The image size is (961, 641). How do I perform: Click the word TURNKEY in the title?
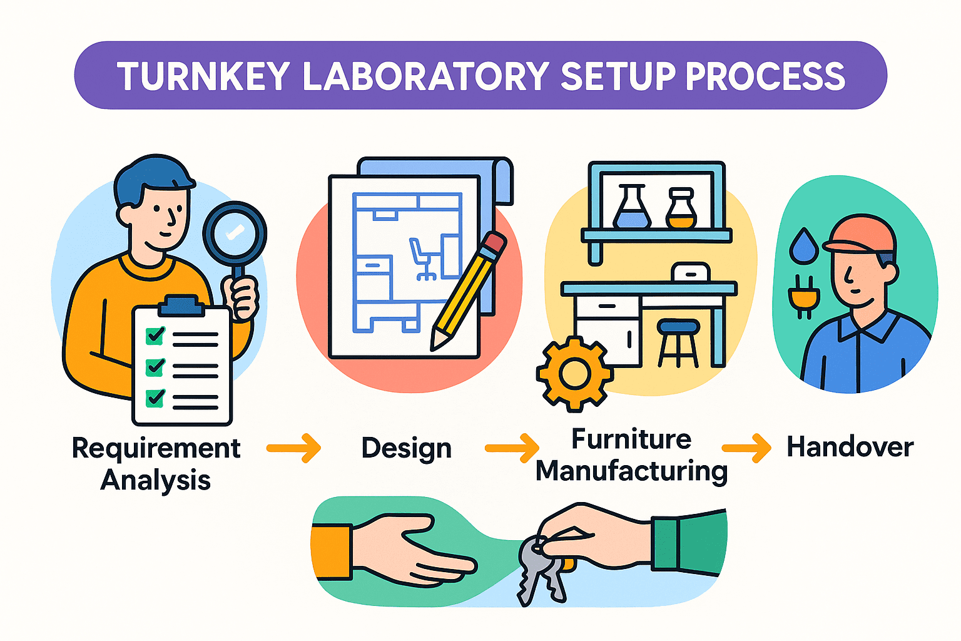click(203, 76)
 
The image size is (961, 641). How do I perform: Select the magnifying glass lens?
click(235, 233)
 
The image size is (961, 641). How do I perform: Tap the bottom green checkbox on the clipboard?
click(155, 397)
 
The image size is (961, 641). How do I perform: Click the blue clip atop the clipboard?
click(181, 306)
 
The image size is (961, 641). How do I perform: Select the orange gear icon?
click(574, 374)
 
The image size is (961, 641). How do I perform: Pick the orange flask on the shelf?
click(681, 210)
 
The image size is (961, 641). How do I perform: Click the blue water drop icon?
click(803, 246)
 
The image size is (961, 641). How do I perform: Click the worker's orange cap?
click(860, 235)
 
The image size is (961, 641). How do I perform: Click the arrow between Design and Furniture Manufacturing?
click(511, 448)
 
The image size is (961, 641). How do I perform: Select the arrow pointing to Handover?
click(746, 448)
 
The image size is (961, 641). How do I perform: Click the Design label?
click(407, 448)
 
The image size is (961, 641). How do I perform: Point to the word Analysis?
click(156, 480)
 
